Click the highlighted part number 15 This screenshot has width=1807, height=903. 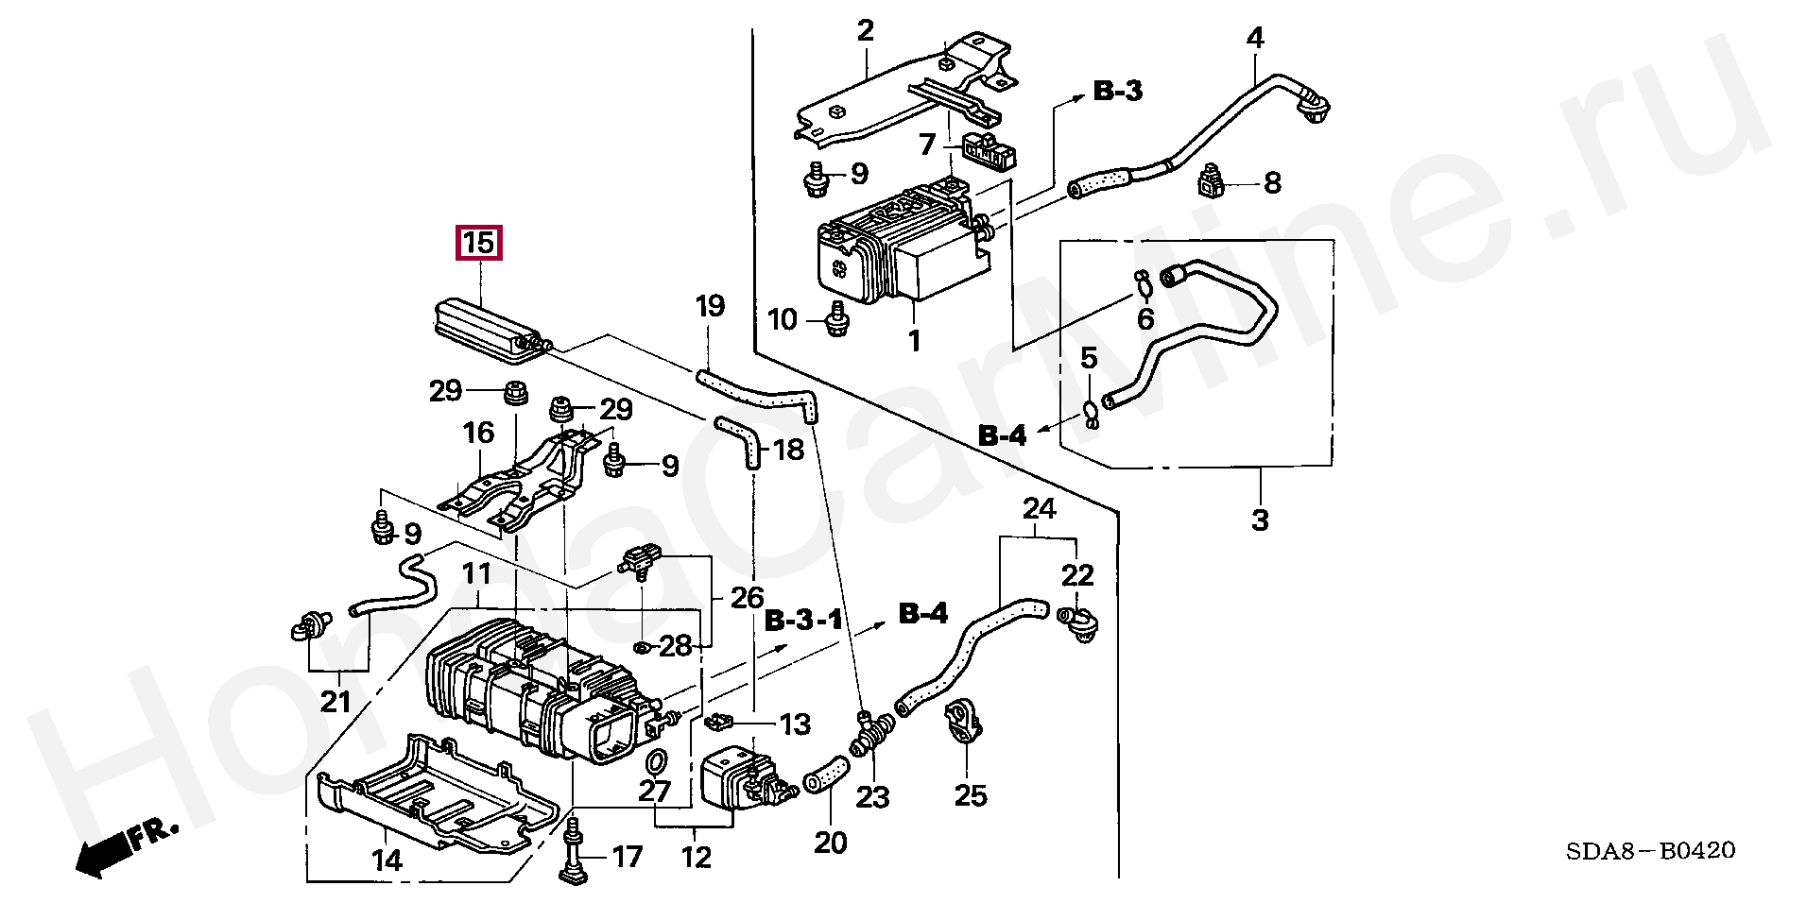click(479, 244)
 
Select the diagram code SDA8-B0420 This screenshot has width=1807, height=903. click(1650, 851)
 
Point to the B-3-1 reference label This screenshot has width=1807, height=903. click(802, 621)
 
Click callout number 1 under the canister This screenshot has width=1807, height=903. click(914, 340)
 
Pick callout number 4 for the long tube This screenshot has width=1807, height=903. click(1254, 40)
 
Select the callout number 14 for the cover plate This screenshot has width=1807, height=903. click(387, 860)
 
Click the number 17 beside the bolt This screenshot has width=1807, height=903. click(628, 857)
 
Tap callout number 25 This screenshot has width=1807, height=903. click(970, 796)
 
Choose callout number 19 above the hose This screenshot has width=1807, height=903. click(710, 306)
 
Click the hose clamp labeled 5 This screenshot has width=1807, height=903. click(1090, 412)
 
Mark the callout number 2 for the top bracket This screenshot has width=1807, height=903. click(866, 31)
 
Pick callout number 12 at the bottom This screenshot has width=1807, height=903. click(696, 859)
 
